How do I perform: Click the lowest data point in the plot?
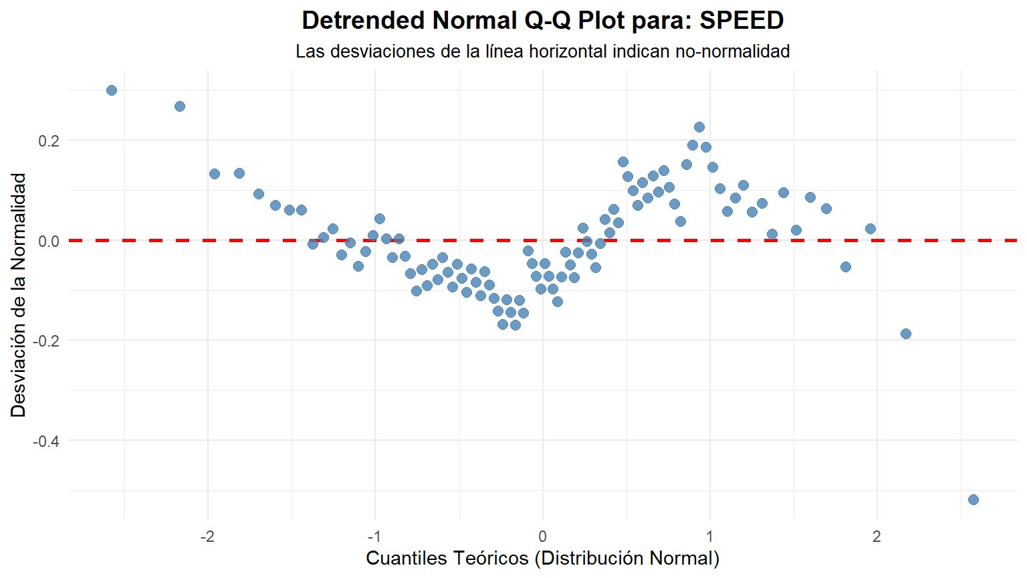[x=974, y=500]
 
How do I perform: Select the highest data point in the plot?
[x=112, y=90]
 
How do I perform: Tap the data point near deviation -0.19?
[x=906, y=334]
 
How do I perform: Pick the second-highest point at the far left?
[x=180, y=106]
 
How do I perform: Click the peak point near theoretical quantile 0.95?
[x=699, y=127]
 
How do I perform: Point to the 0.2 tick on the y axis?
[x=48, y=141]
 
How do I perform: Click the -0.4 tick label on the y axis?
[x=45, y=442]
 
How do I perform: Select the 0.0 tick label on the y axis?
[x=48, y=242]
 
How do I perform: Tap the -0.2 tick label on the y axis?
[x=45, y=341]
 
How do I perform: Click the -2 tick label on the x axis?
[x=207, y=537]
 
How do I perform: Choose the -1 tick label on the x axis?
[x=374, y=537]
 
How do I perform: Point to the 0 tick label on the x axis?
[x=542, y=537]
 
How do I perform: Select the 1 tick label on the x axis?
[x=709, y=537]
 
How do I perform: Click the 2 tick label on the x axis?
[x=877, y=537]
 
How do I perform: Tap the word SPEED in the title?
[x=741, y=21]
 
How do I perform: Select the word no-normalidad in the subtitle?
[x=732, y=52]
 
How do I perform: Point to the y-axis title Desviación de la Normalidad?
[x=19, y=294]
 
